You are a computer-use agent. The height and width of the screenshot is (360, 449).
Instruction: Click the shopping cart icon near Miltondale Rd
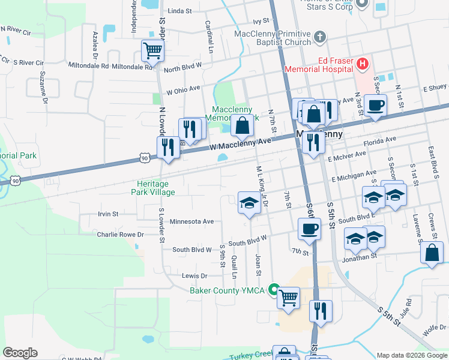coord(152,50)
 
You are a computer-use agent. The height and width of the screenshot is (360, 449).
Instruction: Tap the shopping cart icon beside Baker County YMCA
coord(288,296)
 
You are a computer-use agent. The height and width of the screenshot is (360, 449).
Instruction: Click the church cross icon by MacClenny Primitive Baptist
coord(319,37)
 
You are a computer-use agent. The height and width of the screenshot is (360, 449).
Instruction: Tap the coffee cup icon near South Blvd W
coord(309,229)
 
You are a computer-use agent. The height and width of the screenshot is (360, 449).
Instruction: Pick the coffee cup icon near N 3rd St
coord(376,106)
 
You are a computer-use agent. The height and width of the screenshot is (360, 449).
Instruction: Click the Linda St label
coord(179,11)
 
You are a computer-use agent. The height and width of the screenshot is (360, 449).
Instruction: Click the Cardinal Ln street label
coord(209,36)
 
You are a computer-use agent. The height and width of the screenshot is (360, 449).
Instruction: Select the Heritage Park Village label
coord(153,188)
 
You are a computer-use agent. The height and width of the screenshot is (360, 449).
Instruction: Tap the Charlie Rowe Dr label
coord(121,235)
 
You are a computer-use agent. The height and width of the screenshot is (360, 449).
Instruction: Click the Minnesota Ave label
coord(192,221)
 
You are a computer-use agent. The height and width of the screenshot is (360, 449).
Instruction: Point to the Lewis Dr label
coord(194,276)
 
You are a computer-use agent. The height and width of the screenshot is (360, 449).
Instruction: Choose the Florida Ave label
coord(381,140)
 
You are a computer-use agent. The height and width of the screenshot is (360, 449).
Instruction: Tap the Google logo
coord(20,353)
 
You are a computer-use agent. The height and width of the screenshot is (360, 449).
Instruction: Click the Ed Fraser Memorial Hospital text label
coord(335,64)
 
